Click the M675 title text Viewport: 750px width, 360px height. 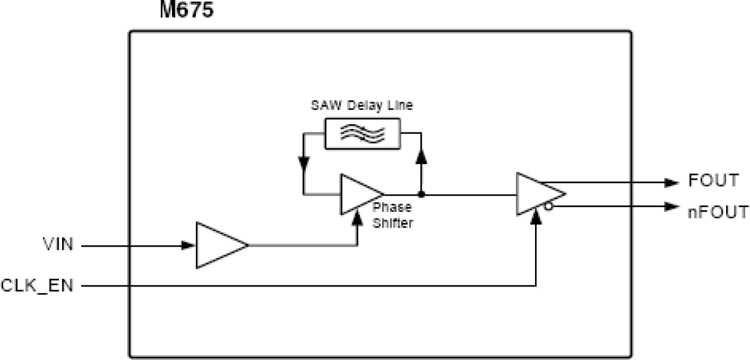tap(186, 10)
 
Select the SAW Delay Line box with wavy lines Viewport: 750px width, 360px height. tap(362, 133)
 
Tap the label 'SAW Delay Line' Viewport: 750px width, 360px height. tap(362, 106)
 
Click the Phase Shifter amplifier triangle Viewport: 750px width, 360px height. tap(358, 195)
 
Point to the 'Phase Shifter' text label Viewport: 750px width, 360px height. tap(392, 216)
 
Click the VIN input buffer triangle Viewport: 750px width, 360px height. tap(219, 245)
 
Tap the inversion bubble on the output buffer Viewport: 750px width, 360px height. tap(548, 207)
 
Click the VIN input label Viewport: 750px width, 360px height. tap(58, 245)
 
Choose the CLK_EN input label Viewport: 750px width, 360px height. tap(37, 287)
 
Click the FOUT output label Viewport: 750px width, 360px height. tap(714, 181)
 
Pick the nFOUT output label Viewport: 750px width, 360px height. tap(717, 211)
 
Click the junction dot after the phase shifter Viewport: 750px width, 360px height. tap(422, 195)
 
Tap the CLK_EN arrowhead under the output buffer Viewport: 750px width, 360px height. tap(537, 217)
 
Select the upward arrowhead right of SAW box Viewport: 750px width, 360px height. tap(422, 156)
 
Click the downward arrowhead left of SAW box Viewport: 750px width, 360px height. tap(304, 162)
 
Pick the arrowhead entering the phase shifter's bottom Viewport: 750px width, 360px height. tap(357, 219)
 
